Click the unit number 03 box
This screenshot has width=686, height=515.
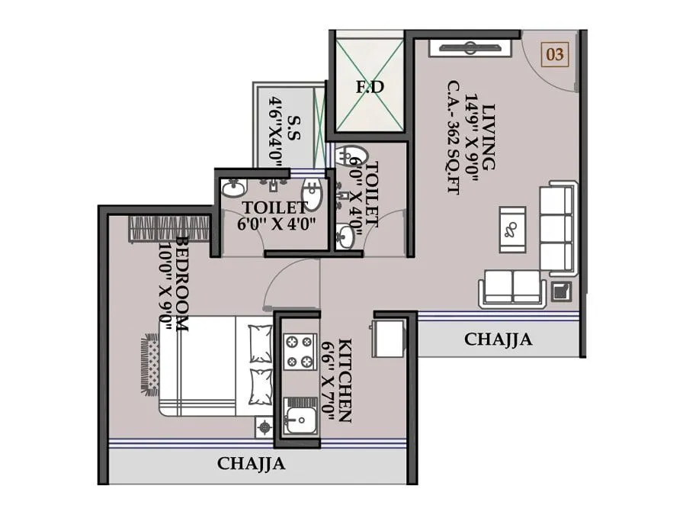click(x=555, y=54)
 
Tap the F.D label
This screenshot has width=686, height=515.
click(x=370, y=87)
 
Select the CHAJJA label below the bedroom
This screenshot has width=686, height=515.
click(x=252, y=463)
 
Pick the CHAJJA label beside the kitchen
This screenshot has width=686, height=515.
click(x=498, y=340)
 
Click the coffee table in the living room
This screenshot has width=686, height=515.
click(x=512, y=228)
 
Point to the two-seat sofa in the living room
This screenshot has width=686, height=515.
click(x=512, y=288)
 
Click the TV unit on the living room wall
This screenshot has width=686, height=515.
click(x=466, y=47)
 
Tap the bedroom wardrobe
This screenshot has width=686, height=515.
click(x=169, y=228)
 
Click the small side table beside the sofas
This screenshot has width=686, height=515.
click(x=561, y=290)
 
